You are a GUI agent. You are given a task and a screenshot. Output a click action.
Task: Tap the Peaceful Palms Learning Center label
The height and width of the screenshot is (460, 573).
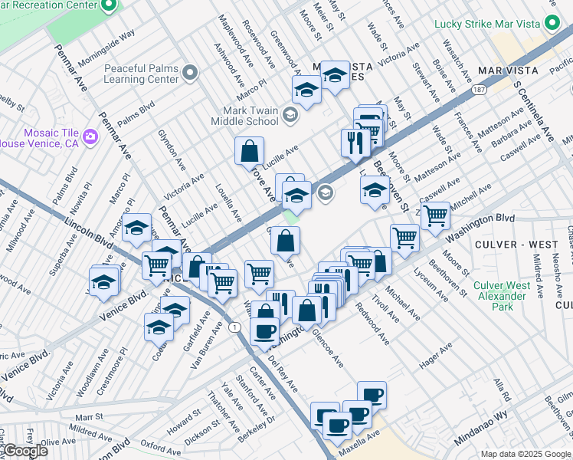(x=142, y=73)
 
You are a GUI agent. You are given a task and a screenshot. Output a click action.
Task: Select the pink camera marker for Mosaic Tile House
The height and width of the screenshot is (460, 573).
(x=91, y=137)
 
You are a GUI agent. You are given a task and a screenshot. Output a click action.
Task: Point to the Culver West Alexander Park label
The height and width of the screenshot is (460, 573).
(x=502, y=296)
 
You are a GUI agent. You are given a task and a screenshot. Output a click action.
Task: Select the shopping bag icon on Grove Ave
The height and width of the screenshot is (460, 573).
(x=250, y=151)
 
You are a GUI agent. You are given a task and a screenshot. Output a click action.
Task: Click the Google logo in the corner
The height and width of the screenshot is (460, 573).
(x=25, y=451)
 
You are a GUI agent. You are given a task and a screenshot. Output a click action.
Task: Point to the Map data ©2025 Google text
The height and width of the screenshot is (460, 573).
(x=526, y=454)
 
